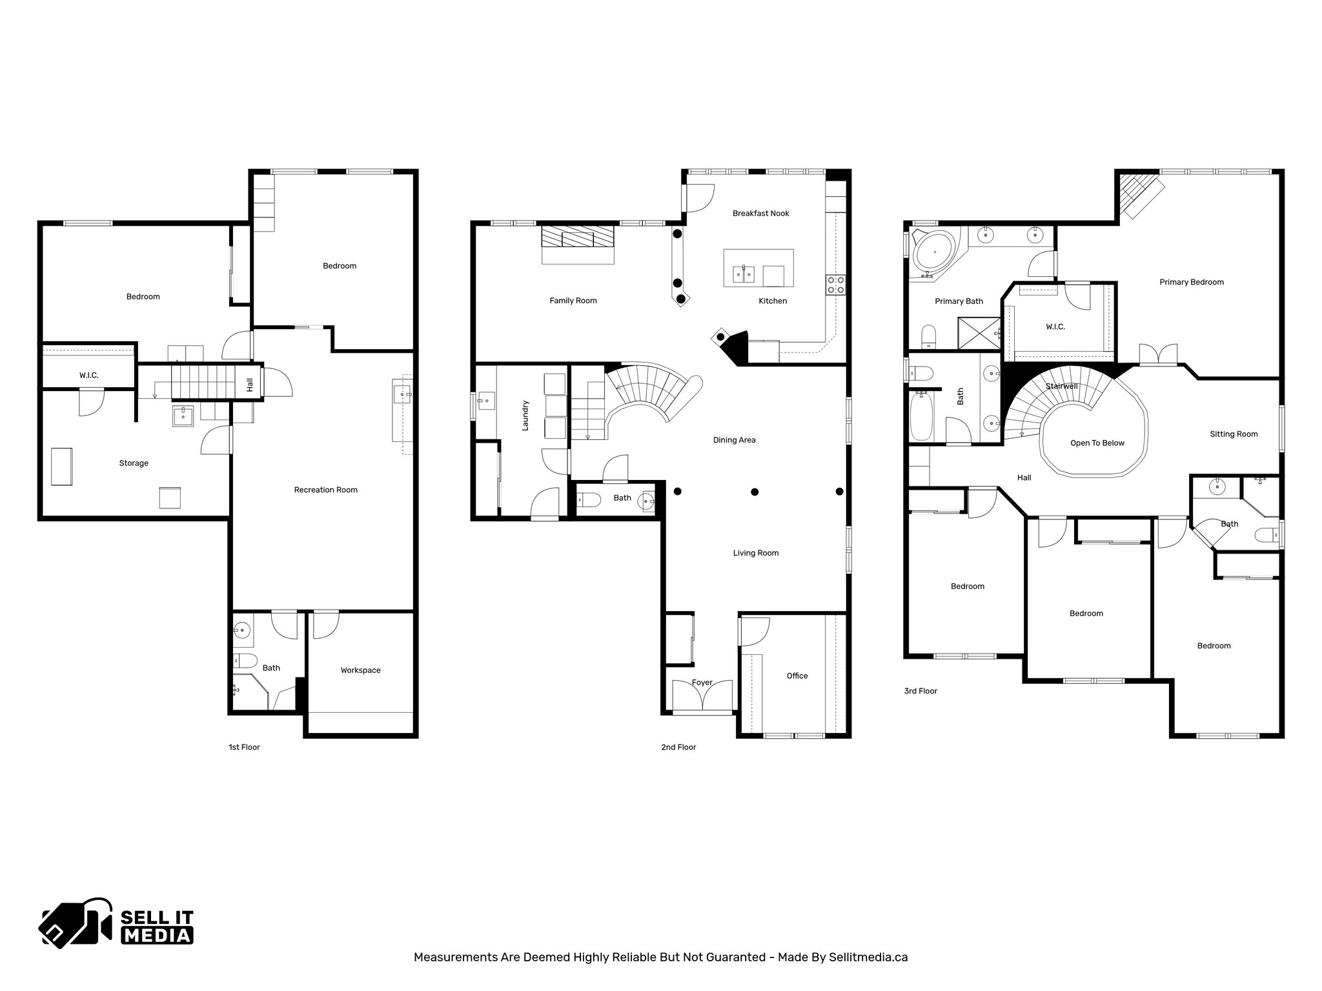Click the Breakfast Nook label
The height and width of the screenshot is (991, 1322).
pyautogui.click(x=760, y=214)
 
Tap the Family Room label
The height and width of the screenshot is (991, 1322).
pyautogui.click(x=573, y=301)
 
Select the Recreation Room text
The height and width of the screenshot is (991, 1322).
pyautogui.click(x=325, y=490)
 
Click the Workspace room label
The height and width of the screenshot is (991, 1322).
pyautogui.click(x=360, y=670)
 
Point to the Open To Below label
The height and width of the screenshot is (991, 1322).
pyautogui.click(x=1097, y=443)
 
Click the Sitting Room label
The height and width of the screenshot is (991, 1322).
pyautogui.click(x=1233, y=434)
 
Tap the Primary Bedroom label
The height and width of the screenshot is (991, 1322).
pyautogui.click(x=1191, y=282)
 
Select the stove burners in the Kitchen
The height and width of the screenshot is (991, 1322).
pyautogui.click(x=836, y=285)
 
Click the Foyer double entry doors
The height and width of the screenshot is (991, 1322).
pyautogui.click(x=702, y=697)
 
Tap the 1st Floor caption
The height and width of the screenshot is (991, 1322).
pyautogui.click(x=244, y=747)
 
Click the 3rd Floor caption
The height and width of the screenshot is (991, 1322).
pyautogui.click(x=920, y=691)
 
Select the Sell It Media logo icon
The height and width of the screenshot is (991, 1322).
pyautogui.click(x=76, y=923)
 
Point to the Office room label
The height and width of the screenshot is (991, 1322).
pyautogui.click(x=797, y=676)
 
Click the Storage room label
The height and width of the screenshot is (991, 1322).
pyautogui.click(x=134, y=463)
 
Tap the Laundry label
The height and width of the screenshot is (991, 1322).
pyautogui.click(x=525, y=415)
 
